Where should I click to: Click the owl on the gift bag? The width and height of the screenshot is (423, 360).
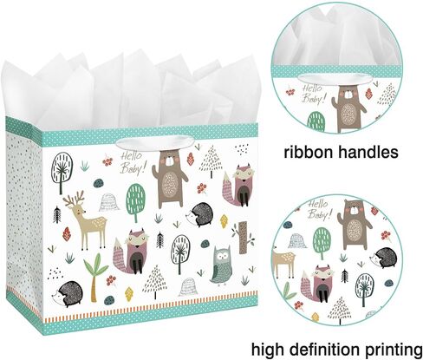click(220, 265)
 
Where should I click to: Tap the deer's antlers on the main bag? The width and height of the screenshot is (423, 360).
click(75, 198)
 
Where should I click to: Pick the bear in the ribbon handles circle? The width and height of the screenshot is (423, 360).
click(348, 108)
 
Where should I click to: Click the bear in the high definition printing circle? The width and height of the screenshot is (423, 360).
click(355, 225)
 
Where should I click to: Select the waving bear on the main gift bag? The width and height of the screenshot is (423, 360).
click(170, 180)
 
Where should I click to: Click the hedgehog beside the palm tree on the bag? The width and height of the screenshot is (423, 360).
click(68, 294)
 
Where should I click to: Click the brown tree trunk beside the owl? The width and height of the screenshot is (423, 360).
click(244, 238)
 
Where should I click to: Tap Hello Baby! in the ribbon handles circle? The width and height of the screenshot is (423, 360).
click(314, 94)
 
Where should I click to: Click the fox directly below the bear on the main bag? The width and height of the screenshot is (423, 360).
click(132, 252)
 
